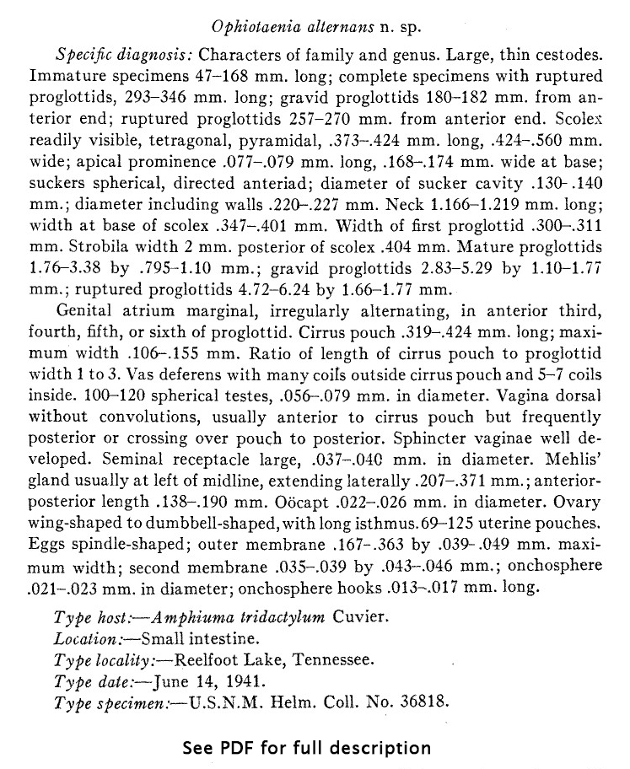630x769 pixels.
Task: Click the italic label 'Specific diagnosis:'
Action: pyautogui.click(x=124, y=56)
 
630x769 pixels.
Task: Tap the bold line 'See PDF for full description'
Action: pyautogui.click(x=306, y=747)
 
